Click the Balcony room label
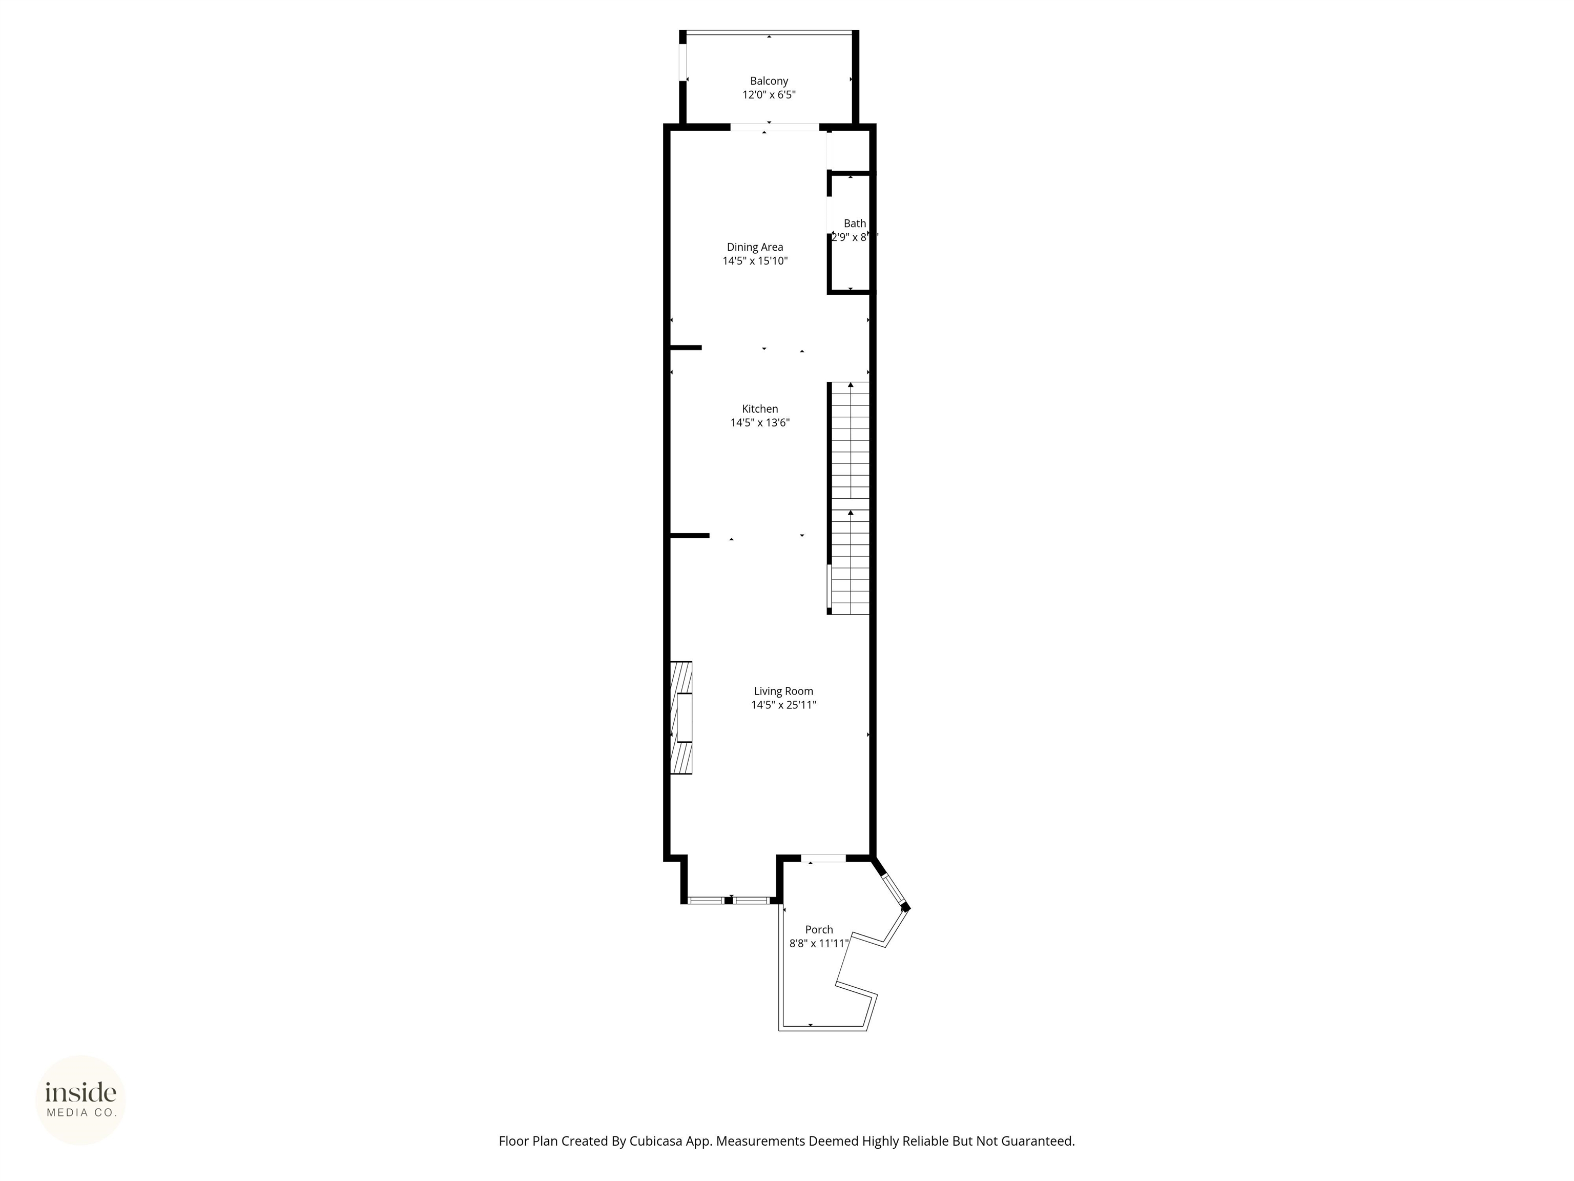tap(769, 81)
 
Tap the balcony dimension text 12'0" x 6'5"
tap(769, 95)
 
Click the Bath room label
tap(855, 223)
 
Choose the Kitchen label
tap(760, 409)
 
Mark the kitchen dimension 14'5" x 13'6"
tap(760, 423)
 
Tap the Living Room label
tap(783, 691)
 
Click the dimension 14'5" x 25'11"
tap(783, 705)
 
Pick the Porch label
tap(819, 930)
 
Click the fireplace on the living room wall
tap(681, 718)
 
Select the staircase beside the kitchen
tap(850, 498)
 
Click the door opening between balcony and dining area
tap(774, 128)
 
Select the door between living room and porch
tap(824, 859)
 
